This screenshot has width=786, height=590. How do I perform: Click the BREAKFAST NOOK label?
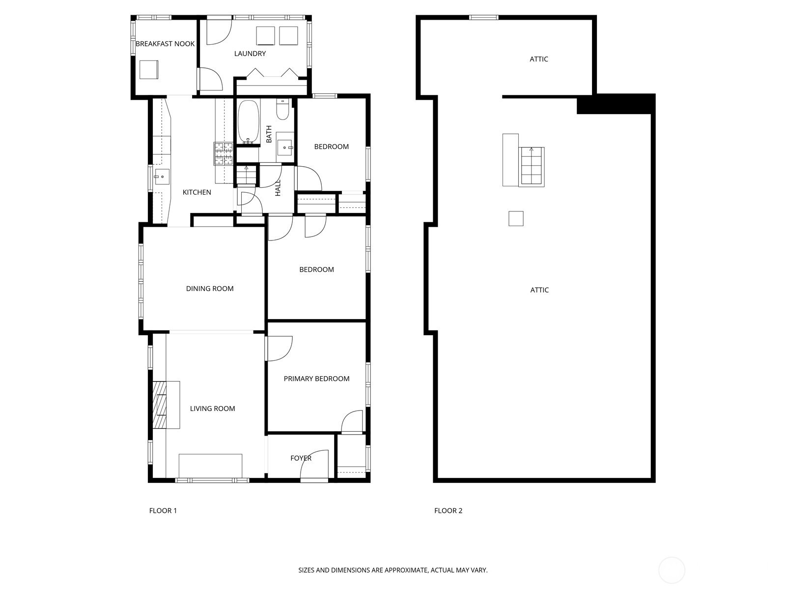[x=165, y=44]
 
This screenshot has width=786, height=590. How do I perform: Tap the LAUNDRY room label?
[x=250, y=54]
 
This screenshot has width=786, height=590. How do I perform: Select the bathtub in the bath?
[x=248, y=121]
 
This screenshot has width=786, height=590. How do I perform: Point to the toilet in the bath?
[x=282, y=109]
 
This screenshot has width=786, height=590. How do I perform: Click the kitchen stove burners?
[x=224, y=154]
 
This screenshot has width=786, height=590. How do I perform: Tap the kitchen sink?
[x=161, y=177]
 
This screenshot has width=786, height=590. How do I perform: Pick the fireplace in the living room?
[x=160, y=405]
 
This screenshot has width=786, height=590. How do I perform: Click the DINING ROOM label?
[x=210, y=289]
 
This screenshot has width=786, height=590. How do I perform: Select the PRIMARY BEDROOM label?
[x=316, y=379]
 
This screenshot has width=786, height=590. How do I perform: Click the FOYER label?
[x=301, y=458]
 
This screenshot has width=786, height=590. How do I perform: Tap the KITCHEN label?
[x=197, y=192]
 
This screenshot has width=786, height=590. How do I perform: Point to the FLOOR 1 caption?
[x=163, y=511]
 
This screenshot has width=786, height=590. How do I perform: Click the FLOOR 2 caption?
[x=449, y=511]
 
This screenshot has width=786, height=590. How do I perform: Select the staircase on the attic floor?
[x=532, y=167]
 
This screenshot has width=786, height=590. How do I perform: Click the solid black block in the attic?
[x=616, y=104]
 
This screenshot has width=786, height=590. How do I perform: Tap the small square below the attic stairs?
[x=516, y=218]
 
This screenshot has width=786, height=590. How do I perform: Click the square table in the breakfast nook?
[x=149, y=69]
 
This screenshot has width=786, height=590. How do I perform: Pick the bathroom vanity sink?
[x=286, y=147]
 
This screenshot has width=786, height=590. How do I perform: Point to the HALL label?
[x=278, y=188]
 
